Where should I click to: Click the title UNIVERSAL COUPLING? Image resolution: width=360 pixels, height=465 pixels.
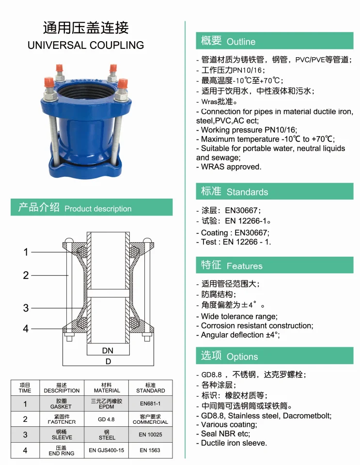86,45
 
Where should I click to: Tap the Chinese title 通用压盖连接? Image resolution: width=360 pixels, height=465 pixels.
86,27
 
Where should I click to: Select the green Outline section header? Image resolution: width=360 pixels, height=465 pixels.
274,41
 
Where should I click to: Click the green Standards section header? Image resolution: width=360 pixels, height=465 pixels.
274,191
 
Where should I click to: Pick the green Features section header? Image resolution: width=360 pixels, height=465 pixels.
274,265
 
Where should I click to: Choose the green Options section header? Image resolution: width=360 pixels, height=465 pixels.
274,356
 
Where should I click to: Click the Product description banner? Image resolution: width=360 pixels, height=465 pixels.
92,208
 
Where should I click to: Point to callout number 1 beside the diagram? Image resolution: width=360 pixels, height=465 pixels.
26,252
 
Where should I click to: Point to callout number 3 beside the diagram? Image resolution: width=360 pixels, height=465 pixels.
26,308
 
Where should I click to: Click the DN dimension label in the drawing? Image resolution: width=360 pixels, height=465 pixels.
108,350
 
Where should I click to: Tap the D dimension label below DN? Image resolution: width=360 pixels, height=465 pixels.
108,361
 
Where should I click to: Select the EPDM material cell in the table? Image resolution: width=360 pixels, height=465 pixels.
107,404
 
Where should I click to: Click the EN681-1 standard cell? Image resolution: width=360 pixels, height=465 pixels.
150,403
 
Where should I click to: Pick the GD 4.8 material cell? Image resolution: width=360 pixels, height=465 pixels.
107,419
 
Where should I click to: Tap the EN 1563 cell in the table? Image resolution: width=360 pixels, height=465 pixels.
150,450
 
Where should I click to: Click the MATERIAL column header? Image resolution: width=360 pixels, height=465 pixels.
107,387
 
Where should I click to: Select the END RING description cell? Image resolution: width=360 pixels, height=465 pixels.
61,450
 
